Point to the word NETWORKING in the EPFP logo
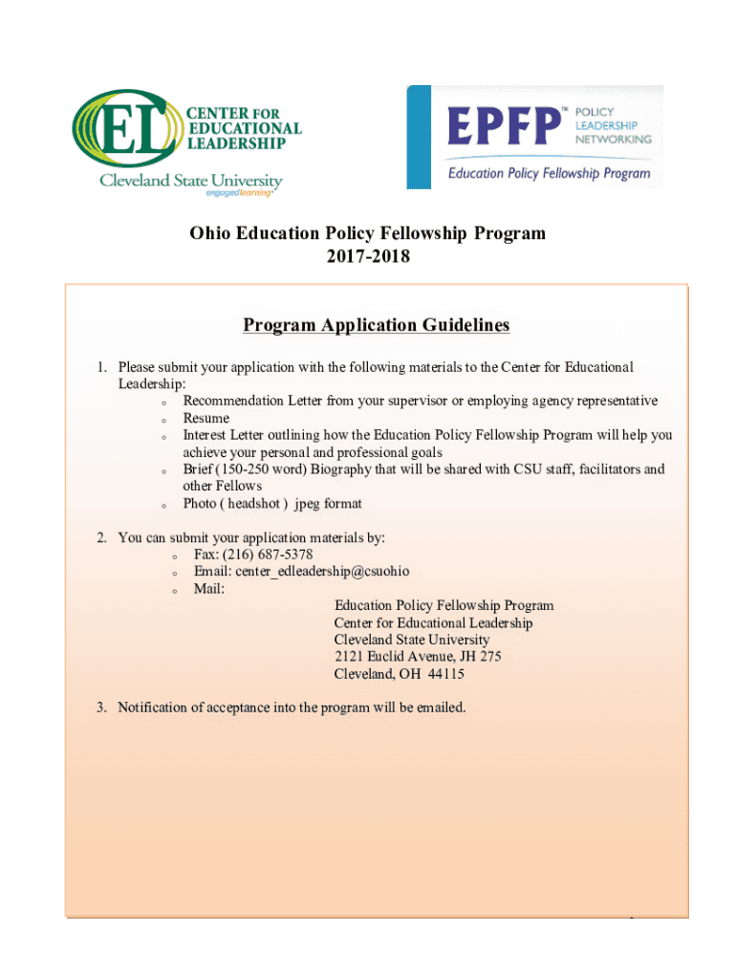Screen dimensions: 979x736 [x=613, y=139]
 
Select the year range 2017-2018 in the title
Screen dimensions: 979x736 [x=367, y=256]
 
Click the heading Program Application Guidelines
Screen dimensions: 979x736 [x=376, y=325]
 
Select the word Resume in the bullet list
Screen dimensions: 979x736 [x=206, y=418]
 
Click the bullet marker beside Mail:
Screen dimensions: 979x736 [x=175, y=591]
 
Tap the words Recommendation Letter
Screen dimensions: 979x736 [x=247, y=401]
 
